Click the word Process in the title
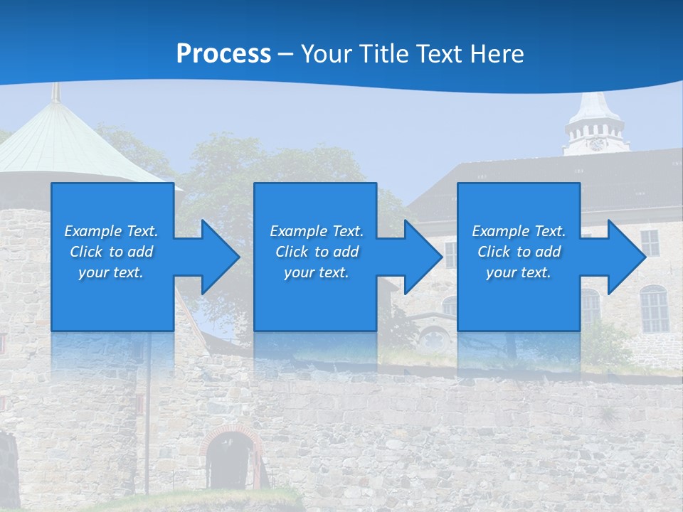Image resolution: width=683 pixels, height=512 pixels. coord(223,54)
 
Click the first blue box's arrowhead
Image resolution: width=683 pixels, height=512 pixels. coord(218,257)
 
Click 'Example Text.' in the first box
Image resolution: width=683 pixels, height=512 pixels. coord(111,231)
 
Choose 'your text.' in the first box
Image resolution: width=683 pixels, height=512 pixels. coord(111,272)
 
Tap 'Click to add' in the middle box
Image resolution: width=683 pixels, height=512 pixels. coord(317,252)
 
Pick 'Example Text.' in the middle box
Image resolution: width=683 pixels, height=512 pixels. coord(317,231)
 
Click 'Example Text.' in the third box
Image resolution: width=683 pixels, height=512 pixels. coord(519,231)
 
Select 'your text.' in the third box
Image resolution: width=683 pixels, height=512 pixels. coord(519,272)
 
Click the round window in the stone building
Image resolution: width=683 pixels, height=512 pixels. coord(431,340)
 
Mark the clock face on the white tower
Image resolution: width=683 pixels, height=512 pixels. coord(596,144)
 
